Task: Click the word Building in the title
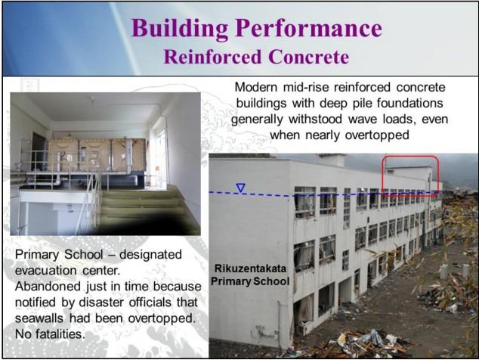click(181, 29)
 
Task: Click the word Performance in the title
click(309, 29)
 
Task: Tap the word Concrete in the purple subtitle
click(309, 57)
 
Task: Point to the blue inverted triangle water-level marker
click(241, 188)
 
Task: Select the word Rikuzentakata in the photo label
click(250, 268)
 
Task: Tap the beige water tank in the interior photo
click(97, 155)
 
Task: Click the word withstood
click(316, 119)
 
